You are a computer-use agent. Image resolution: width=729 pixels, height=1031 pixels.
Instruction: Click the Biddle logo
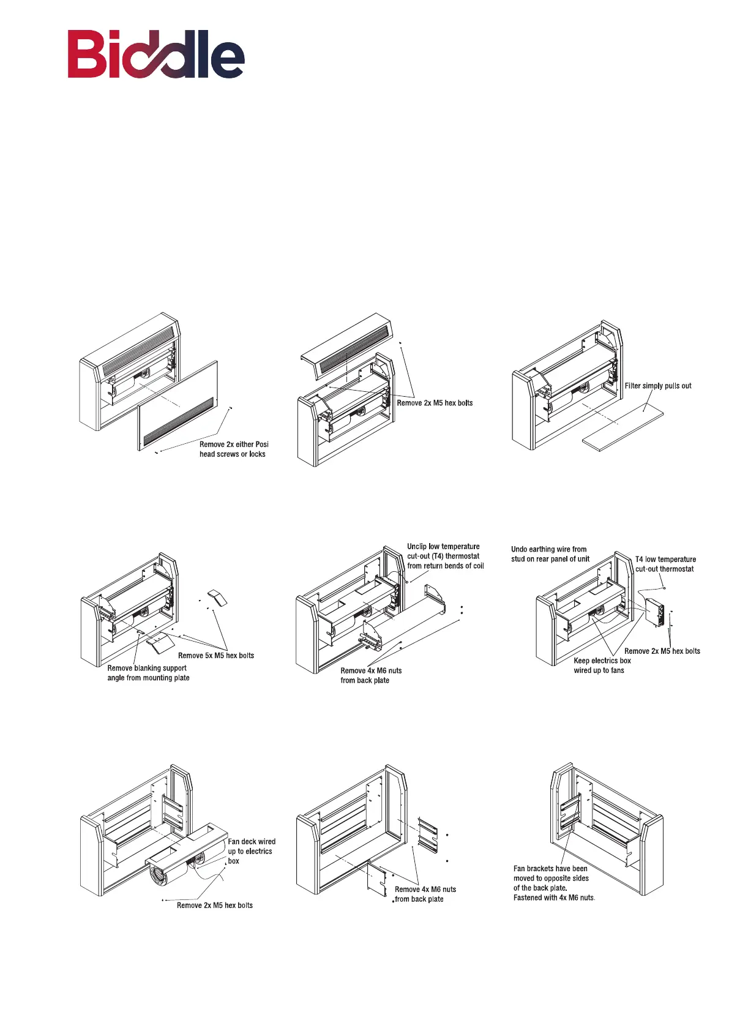coord(156,55)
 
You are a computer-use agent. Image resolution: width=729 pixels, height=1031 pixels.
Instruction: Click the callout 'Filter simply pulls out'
coord(657,386)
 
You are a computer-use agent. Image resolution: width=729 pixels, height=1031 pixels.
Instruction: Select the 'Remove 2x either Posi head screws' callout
coord(233,449)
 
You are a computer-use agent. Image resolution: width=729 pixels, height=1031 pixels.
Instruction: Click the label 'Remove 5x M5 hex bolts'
coord(215,656)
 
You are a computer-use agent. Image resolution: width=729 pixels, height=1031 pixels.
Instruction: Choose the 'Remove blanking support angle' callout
coord(148,673)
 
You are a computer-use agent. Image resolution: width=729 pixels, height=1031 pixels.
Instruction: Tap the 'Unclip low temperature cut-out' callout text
coord(445,556)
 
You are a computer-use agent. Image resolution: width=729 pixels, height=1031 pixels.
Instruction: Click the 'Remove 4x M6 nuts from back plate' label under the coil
coord(370,675)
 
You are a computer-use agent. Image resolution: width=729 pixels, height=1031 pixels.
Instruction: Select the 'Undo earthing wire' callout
coord(550,554)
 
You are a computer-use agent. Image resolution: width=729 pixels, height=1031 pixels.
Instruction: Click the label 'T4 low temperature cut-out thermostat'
coord(665,564)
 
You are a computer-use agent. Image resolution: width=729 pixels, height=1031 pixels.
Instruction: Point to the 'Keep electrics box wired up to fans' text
coord(601,665)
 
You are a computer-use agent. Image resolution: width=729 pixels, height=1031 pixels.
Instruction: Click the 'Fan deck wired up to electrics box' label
coord(251,851)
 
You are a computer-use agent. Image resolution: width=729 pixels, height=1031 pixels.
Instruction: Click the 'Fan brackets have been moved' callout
coord(553,883)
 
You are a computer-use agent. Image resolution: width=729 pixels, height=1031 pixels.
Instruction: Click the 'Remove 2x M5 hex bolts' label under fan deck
coord(214,905)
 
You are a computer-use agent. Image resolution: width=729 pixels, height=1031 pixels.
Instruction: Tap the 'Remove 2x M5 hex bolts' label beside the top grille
coord(435,403)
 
